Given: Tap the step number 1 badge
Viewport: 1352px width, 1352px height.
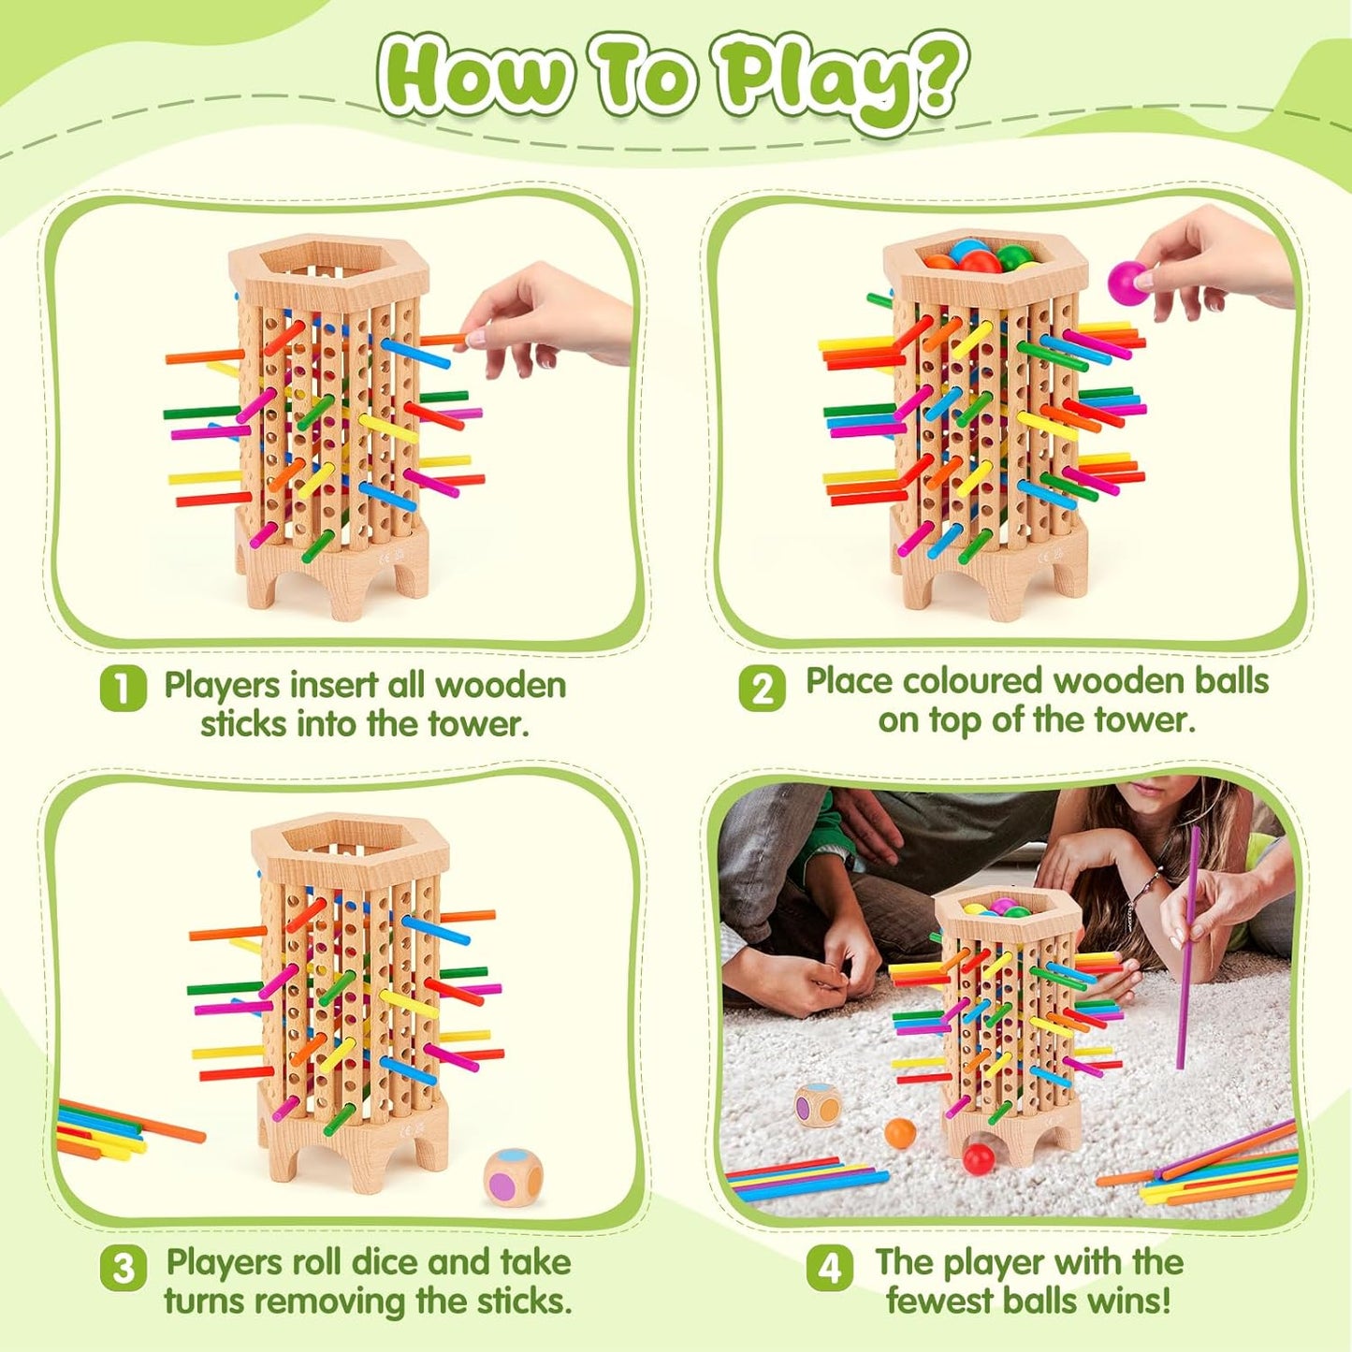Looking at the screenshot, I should pyautogui.click(x=123, y=689).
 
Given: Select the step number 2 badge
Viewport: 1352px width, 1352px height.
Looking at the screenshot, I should pyautogui.click(x=762, y=689).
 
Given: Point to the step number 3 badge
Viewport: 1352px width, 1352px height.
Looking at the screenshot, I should pyautogui.click(x=123, y=1269).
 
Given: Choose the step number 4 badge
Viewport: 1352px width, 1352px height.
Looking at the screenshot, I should pyautogui.click(x=829, y=1269).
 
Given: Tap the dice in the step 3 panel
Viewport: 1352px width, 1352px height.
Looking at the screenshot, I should pyautogui.click(x=513, y=1176).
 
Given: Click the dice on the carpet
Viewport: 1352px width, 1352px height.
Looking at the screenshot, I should pyautogui.click(x=818, y=1105).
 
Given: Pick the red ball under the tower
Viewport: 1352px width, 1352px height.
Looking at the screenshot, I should pyautogui.click(x=979, y=1158).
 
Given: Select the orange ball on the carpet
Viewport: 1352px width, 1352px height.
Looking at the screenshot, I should pyautogui.click(x=900, y=1133).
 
